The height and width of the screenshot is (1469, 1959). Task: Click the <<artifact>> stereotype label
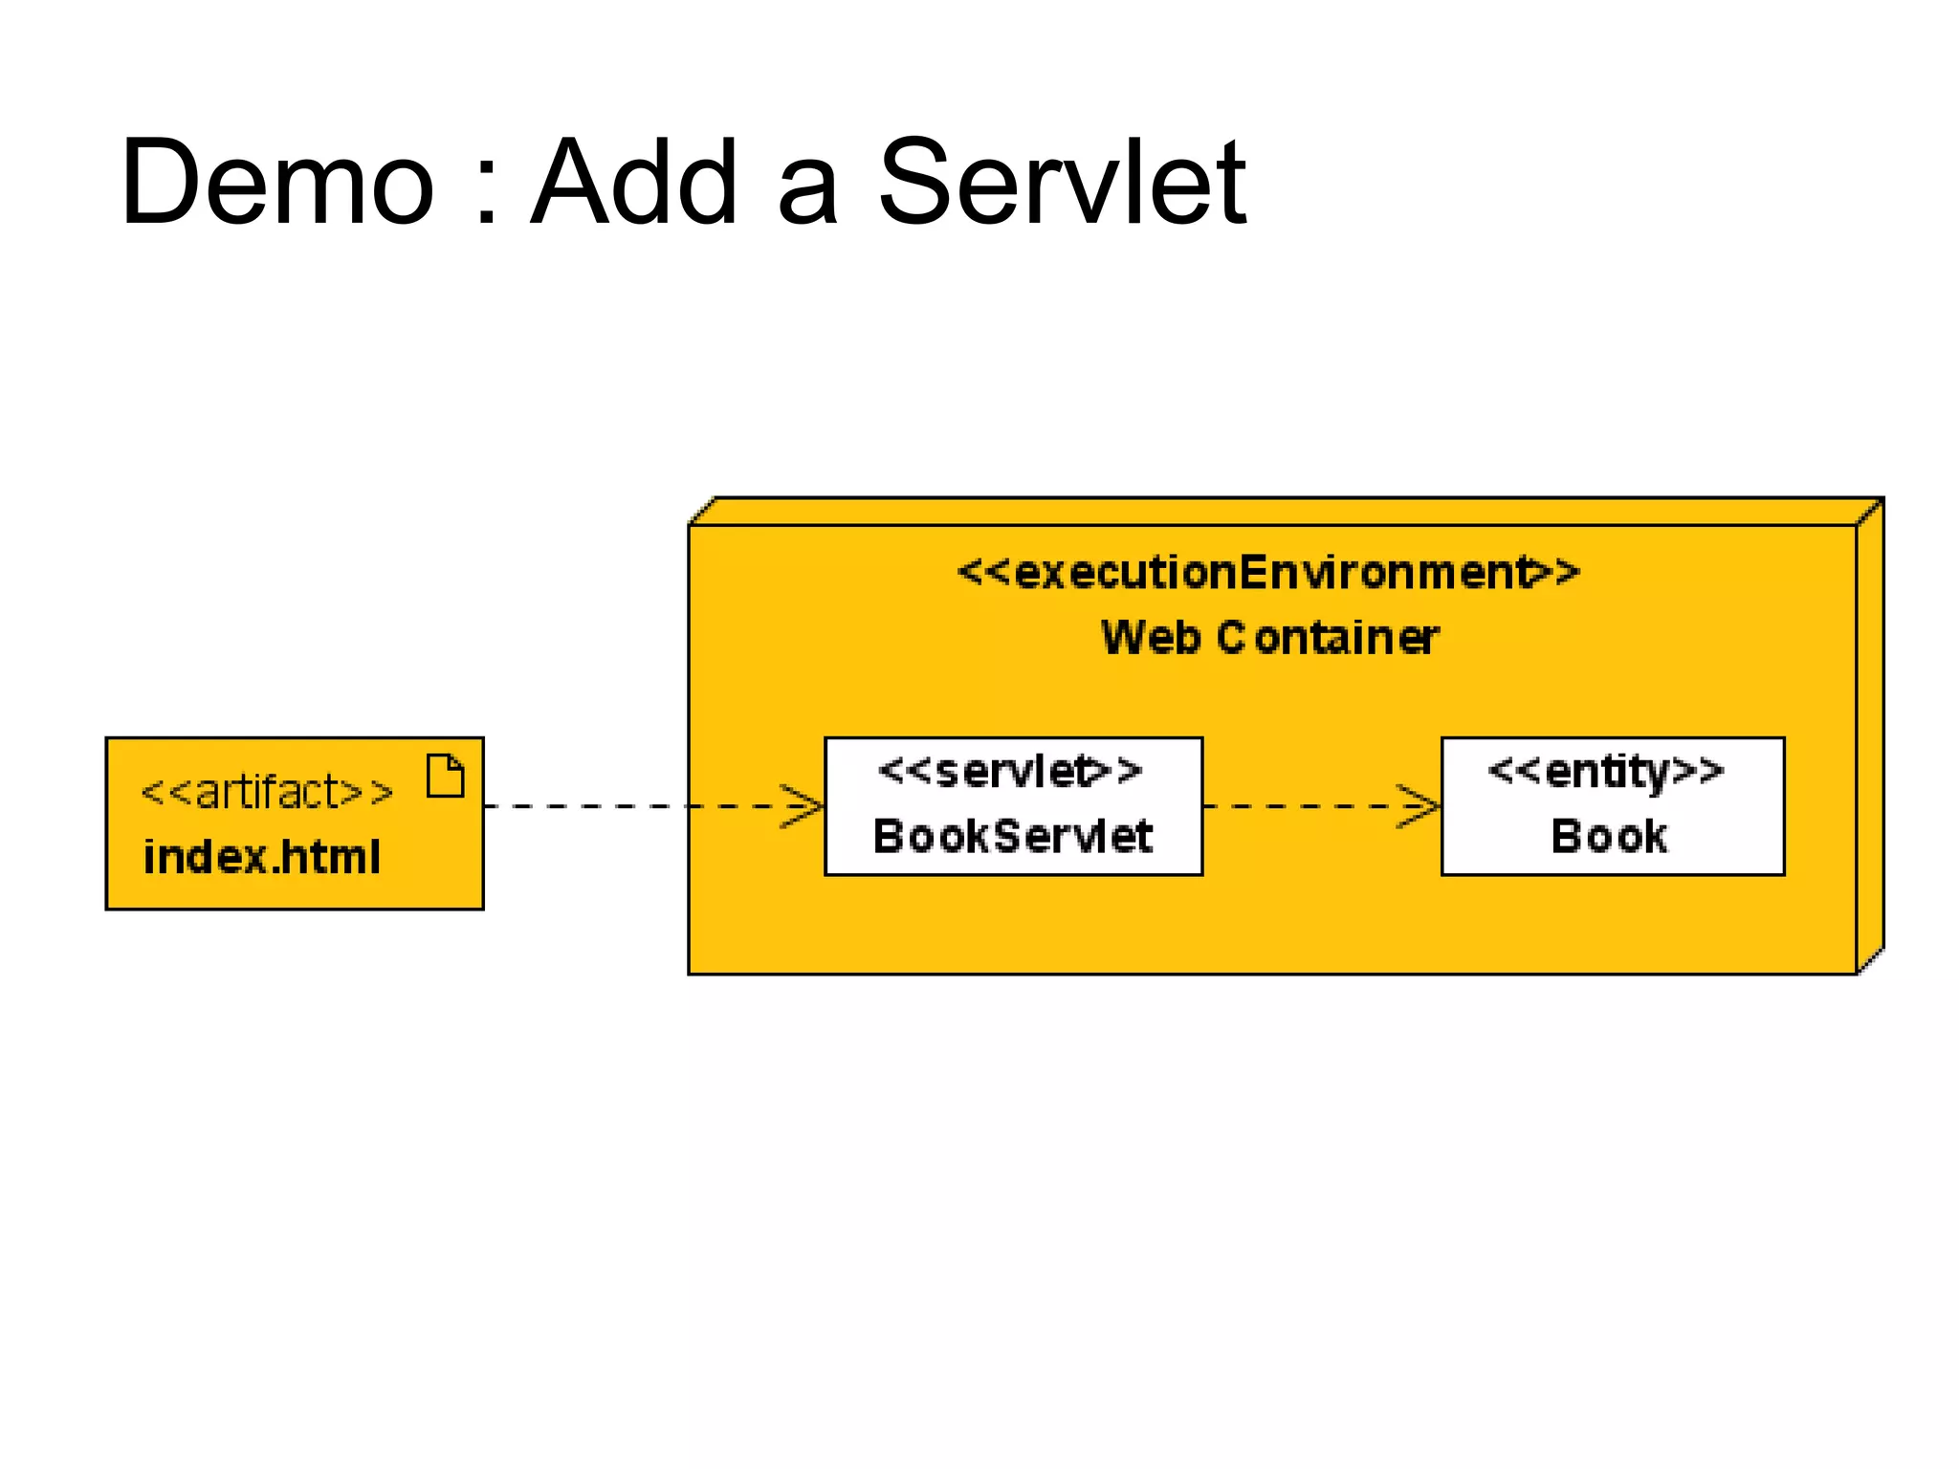pos(267,792)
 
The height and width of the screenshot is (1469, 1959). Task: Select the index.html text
pos(262,857)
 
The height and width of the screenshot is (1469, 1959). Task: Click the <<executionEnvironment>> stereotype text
pos(1268,573)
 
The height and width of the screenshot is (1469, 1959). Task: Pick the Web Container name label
pos(1269,638)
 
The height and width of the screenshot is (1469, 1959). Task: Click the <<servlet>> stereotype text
pos(1010,771)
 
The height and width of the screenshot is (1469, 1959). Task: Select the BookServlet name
pos(1012,836)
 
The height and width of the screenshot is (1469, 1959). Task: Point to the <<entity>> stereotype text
pos(1607,771)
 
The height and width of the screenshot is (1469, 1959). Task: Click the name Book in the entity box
pos(1609,836)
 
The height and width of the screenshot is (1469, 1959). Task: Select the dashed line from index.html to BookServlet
pos(631,806)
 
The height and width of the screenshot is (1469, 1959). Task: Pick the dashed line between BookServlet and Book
pos(1301,806)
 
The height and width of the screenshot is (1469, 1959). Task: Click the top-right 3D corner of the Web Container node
pos(1871,511)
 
